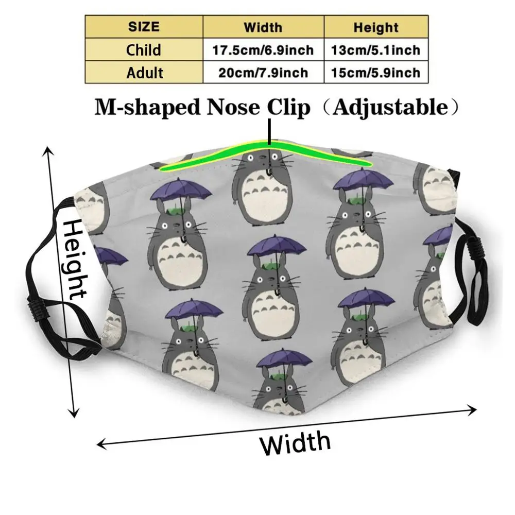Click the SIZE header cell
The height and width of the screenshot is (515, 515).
[x=144, y=27]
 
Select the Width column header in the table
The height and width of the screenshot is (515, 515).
[x=263, y=27]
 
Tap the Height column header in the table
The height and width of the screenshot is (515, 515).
[x=376, y=27]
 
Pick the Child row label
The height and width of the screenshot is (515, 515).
[x=144, y=50]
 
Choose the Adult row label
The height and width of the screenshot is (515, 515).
[x=144, y=73]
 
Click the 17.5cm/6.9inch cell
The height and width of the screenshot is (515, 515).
[x=263, y=50]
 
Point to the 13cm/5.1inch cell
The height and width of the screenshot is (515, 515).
[x=376, y=50]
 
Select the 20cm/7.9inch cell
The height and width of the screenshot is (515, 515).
[x=263, y=73]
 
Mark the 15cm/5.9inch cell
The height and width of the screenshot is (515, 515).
[x=376, y=73]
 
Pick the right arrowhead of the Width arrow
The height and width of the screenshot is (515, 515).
[x=473, y=410]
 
